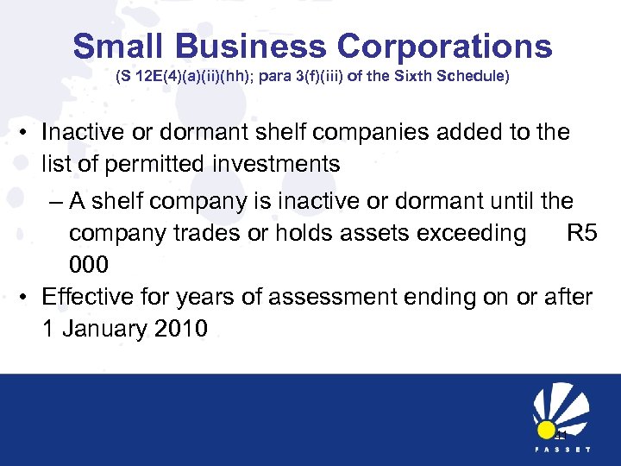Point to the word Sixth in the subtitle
tap(413, 77)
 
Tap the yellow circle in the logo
tap(545, 430)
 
